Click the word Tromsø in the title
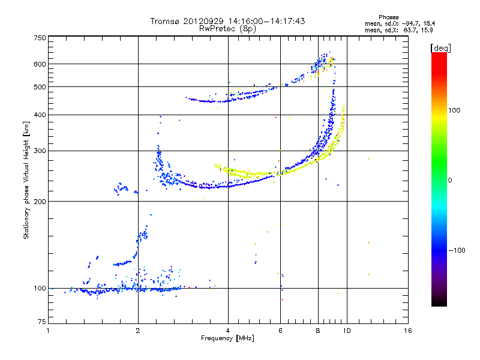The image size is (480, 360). click(166, 21)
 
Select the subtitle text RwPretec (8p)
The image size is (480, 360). click(227, 29)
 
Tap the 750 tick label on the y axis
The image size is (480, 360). click(40, 38)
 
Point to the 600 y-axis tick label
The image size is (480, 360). click(40, 64)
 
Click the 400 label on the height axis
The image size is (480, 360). click(40, 115)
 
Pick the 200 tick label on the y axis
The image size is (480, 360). click(40, 202)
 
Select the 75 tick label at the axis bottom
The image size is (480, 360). click(42, 322)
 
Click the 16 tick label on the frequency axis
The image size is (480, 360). click(408, 331)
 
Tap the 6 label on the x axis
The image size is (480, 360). click(280, 331)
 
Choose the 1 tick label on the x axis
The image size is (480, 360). click(48, 331)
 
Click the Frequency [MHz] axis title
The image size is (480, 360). click(227, 338)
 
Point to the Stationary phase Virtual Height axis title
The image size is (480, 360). click(26, 181)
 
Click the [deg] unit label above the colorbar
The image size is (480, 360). click(440, 48)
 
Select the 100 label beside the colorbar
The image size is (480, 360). click(454, 110)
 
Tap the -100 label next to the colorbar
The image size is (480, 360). click(457, 250)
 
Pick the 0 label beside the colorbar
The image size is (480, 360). click(450, 181)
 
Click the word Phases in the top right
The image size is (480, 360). click(388, 17)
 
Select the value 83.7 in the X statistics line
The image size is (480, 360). click(410, 30)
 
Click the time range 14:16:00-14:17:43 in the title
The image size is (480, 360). click(266, 21)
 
